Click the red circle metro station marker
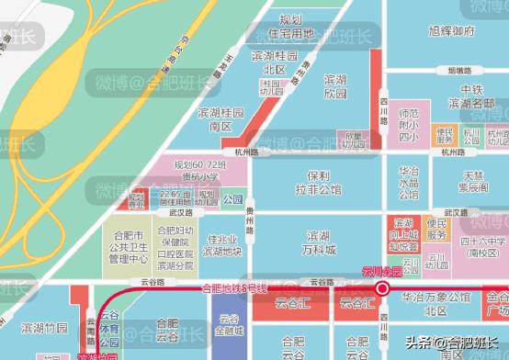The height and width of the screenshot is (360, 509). click(x=382, y=288)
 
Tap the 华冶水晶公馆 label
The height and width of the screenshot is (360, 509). click(x=408, y=182)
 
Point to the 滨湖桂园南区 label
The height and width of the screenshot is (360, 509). click(x=221, y=118)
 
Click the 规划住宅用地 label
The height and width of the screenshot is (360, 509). click(x=289, y=27)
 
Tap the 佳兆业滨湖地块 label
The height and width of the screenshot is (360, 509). click(x=221, y=244)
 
